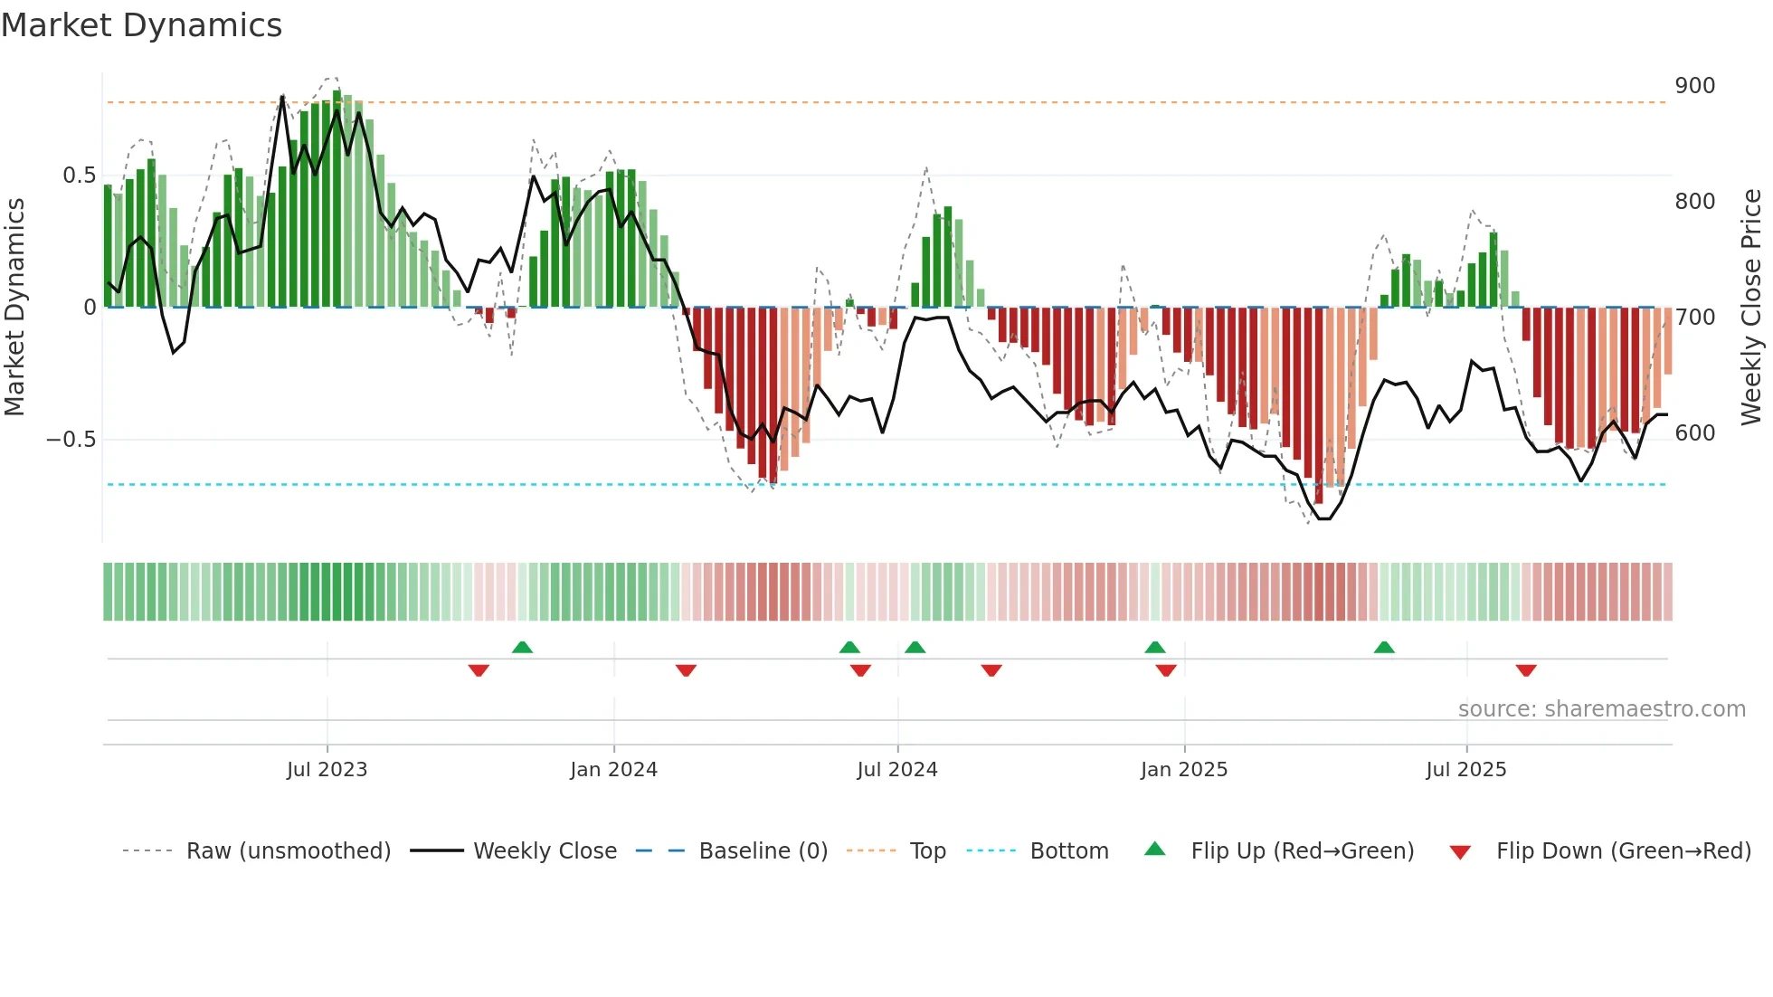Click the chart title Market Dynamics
[x=141, y=25]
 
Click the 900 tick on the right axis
[x=1694, y=86]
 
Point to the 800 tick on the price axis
[x=1694, y=202]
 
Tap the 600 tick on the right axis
[x=1694, y=433]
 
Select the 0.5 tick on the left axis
[x=79, y=176]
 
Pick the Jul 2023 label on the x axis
[x=327, y=770]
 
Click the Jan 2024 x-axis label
[x=613, y=770]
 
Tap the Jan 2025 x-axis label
[x=1183, y=770]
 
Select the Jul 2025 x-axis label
[x=1465, y=770]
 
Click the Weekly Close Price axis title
[x=1751, y=307]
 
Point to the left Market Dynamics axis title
[x=14, y=307]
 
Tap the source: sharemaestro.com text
[x=1601, y=709]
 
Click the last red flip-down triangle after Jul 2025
[x=1526, y=670]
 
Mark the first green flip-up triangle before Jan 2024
[x=522, y=647]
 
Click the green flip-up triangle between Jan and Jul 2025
[x=1384, y=647]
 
